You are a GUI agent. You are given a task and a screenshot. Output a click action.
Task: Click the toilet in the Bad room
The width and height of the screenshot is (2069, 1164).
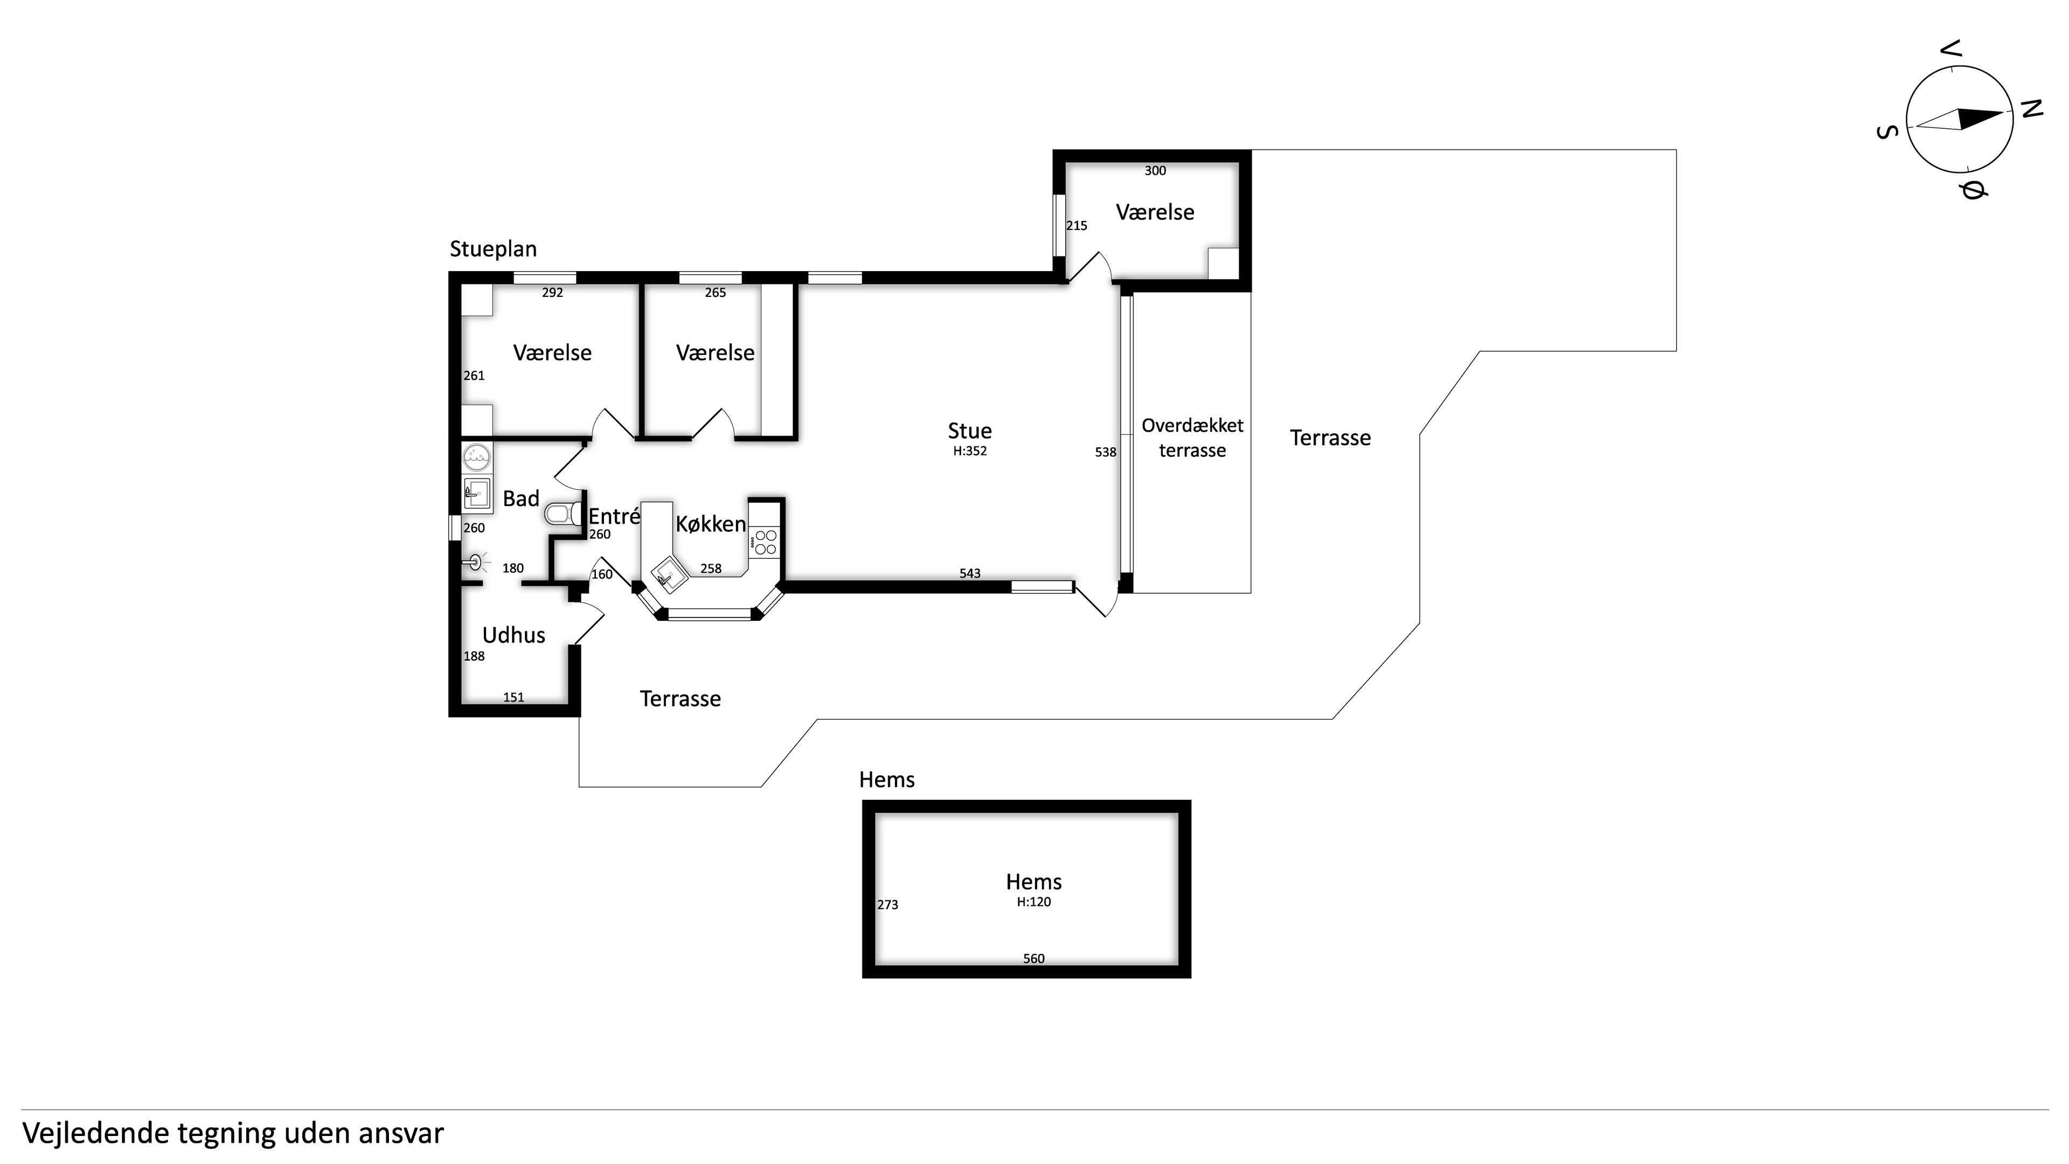click(564, 514)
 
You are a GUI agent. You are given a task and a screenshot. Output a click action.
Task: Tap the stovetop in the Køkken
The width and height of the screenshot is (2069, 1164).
click(764, 542)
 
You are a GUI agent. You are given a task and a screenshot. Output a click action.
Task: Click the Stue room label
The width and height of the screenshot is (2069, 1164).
click(969, 431)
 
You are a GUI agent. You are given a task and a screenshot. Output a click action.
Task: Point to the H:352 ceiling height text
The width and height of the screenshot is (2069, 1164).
click(969, 451)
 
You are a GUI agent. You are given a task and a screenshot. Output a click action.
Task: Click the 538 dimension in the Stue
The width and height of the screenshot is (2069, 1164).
click(1105, 452)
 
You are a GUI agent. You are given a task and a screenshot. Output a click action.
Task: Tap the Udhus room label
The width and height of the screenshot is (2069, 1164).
click(513, 635)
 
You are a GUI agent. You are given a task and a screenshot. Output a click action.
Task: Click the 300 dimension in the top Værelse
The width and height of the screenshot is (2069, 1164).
click(1155, 170)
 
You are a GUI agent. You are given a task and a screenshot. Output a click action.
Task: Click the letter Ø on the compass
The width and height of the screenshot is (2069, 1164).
click(1972, 191)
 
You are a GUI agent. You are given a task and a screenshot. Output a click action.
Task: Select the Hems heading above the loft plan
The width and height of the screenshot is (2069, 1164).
click(887, 779)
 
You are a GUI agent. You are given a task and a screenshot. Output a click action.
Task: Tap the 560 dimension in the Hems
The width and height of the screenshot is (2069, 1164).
click(1034, 958)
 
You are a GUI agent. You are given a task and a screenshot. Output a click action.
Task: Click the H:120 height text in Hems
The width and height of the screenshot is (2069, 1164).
click(1034, 902)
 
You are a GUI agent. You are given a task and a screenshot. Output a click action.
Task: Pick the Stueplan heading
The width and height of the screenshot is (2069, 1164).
click(493, 249)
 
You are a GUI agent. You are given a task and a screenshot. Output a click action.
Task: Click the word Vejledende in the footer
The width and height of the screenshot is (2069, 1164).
click(95, 1133)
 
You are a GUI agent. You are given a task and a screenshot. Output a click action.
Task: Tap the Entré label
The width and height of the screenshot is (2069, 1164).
click(614, 517)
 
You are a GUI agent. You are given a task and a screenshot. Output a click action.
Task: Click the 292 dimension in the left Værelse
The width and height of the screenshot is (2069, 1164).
click(553, 293)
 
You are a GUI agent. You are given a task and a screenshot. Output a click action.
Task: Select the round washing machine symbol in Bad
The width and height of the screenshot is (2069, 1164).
click(477, 457)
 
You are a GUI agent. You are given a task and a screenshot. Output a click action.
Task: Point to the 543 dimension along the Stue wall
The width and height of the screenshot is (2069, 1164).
click(970, 573)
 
